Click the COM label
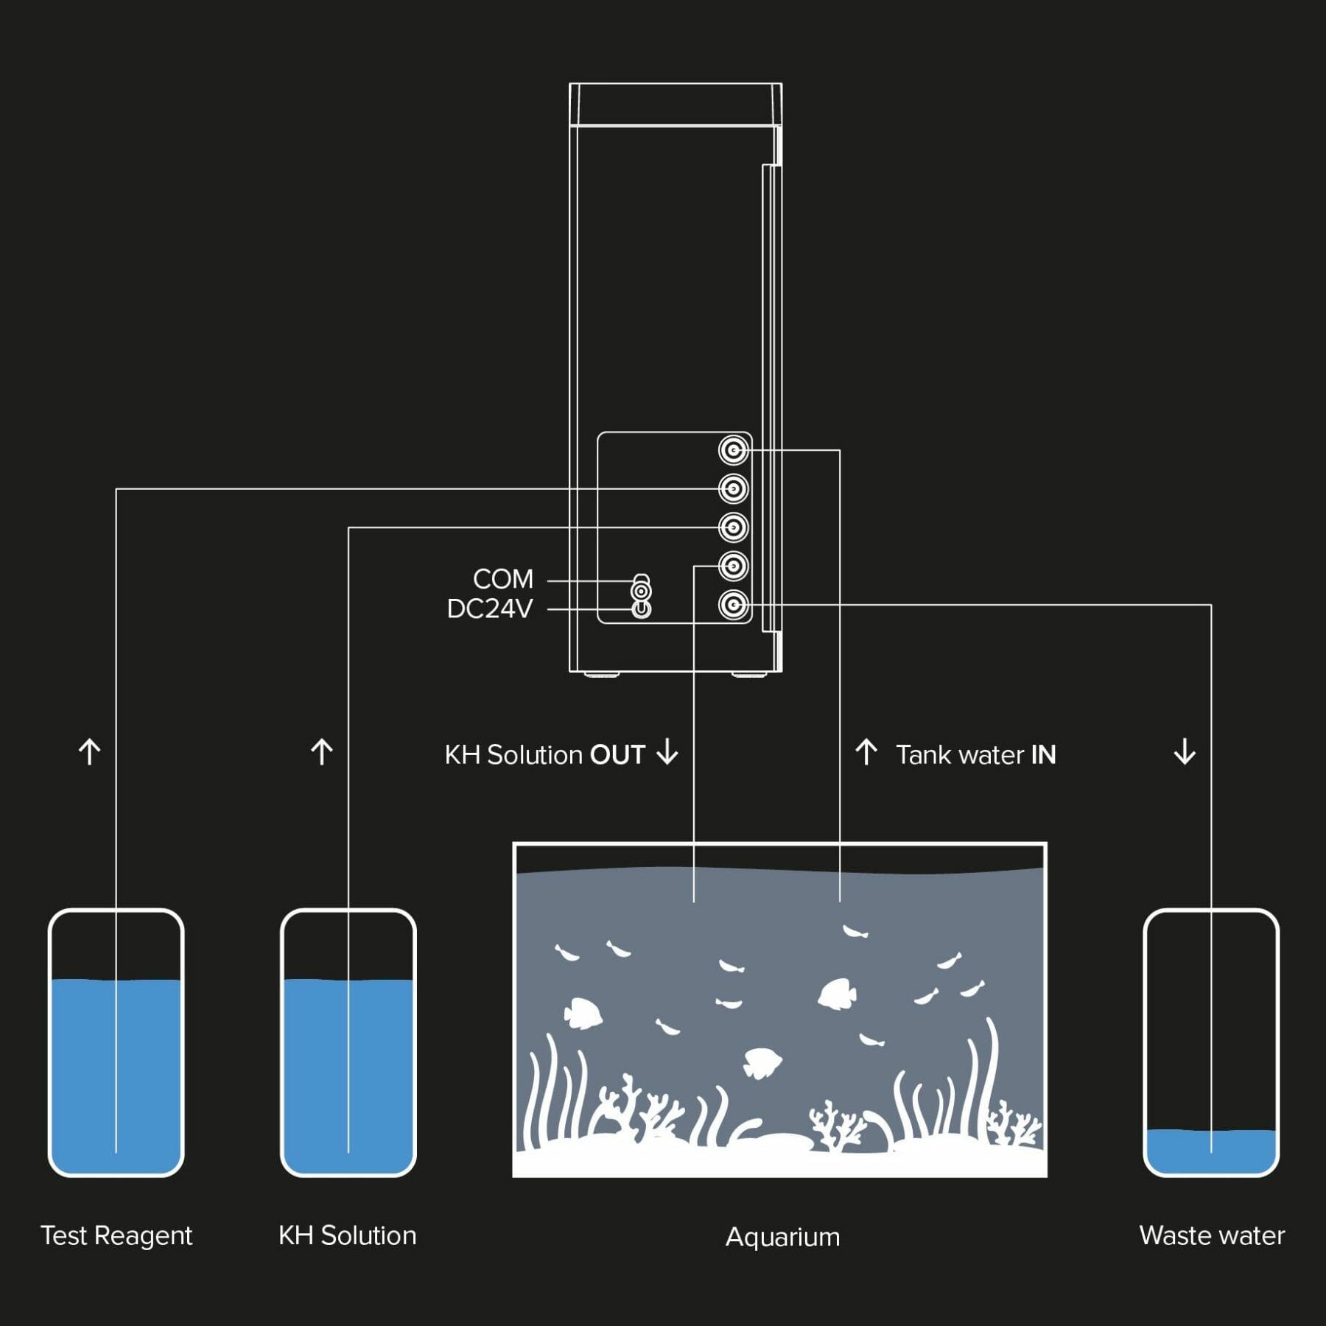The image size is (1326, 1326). pos(503,579)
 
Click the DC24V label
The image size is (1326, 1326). pos(490,609)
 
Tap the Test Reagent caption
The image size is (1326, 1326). pos(116,1235)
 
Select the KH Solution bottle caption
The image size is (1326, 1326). pos(348,1235)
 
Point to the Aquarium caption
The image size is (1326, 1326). pos(782,1237)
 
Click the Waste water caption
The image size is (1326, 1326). pos(1212,1235)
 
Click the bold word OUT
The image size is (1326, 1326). pos(617,755)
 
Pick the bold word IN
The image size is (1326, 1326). pos(1043,755)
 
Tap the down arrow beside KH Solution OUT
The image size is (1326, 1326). pos(667,752)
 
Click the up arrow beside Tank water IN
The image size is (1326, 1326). pos(866,752)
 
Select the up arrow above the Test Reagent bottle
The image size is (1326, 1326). pos(90,752)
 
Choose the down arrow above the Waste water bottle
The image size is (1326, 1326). pos(1185,752)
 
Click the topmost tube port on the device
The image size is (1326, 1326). pos(733,450)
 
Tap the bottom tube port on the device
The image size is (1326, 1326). pos(733,606)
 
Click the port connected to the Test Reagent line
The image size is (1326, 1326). pos(733,488)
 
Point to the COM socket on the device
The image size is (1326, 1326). pos(642,591)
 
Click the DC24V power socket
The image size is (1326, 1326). pos(642,609)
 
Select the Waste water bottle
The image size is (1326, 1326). pos(1211,1042)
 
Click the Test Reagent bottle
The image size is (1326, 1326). pos(116,1042)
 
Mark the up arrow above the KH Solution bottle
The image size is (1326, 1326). pos(322,752)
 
